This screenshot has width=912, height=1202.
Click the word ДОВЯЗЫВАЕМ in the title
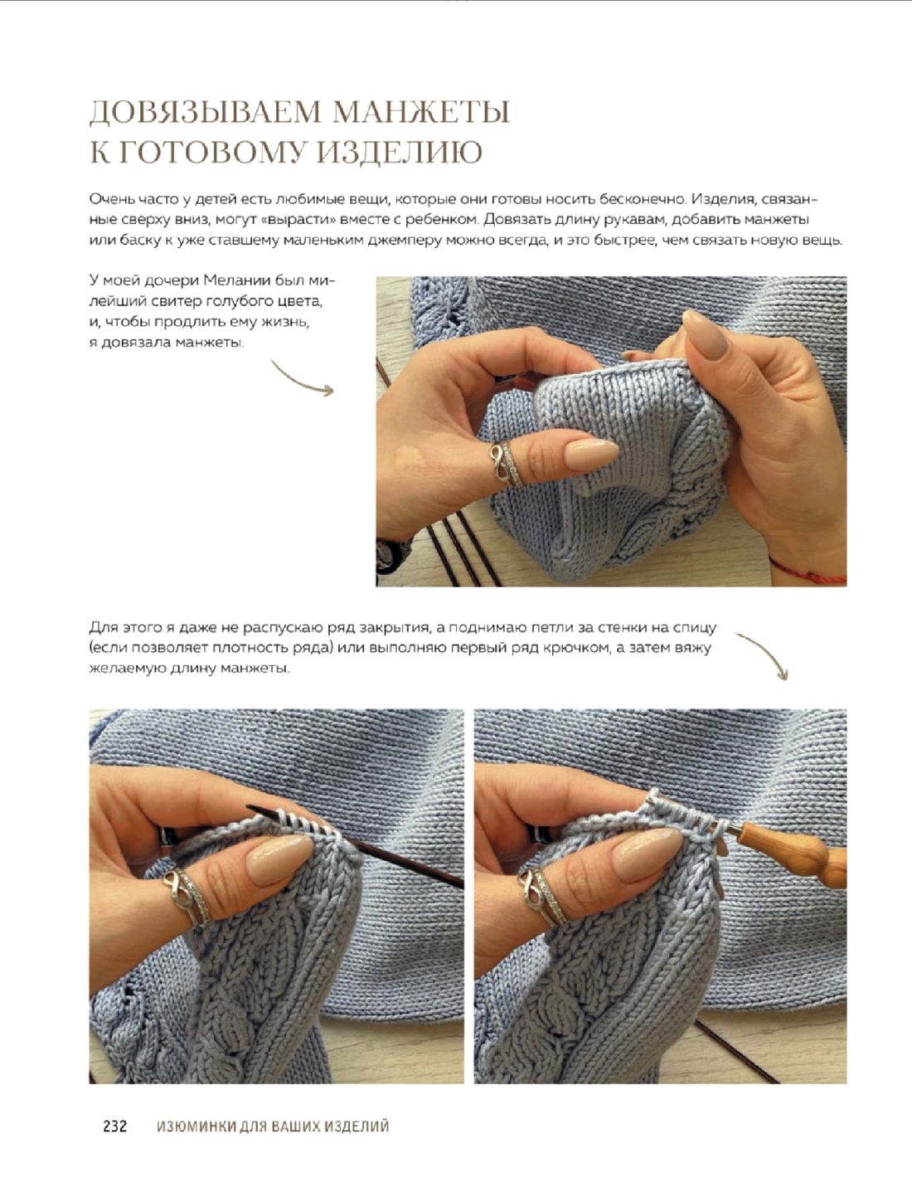205,112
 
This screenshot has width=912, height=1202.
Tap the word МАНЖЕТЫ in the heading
422,112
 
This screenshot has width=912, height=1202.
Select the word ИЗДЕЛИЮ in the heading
400,152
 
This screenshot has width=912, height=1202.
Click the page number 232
115,1126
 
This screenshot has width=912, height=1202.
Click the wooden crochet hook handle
793,853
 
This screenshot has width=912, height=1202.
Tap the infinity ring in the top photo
507,463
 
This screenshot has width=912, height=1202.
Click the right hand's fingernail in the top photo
706,334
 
